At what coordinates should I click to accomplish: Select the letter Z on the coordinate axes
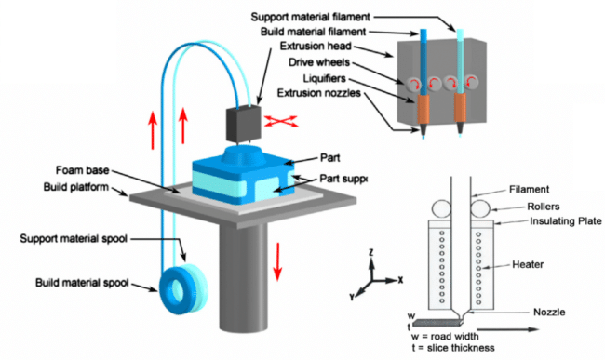coord(370,251)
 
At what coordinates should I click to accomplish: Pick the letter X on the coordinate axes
coord(400,278)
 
